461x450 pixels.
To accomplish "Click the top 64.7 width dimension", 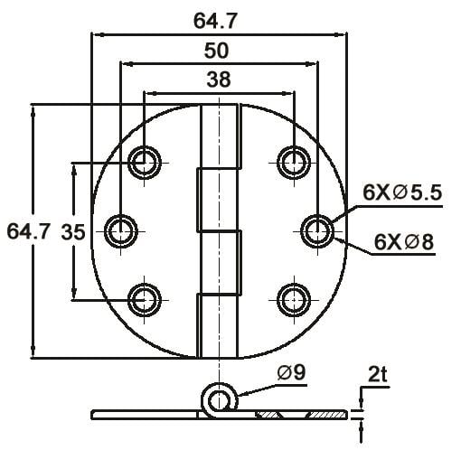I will [x=219, y=17].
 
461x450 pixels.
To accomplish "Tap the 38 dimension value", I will [x=219, y=80].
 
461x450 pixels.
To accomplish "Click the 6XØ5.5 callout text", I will [x=401, y=192].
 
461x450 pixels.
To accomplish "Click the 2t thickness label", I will [x=378, y=372].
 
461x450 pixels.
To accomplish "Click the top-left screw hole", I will [x=145, y=163].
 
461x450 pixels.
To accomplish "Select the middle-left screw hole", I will [x=120, y=231].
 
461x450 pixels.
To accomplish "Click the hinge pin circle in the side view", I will [x=218, y=397].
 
